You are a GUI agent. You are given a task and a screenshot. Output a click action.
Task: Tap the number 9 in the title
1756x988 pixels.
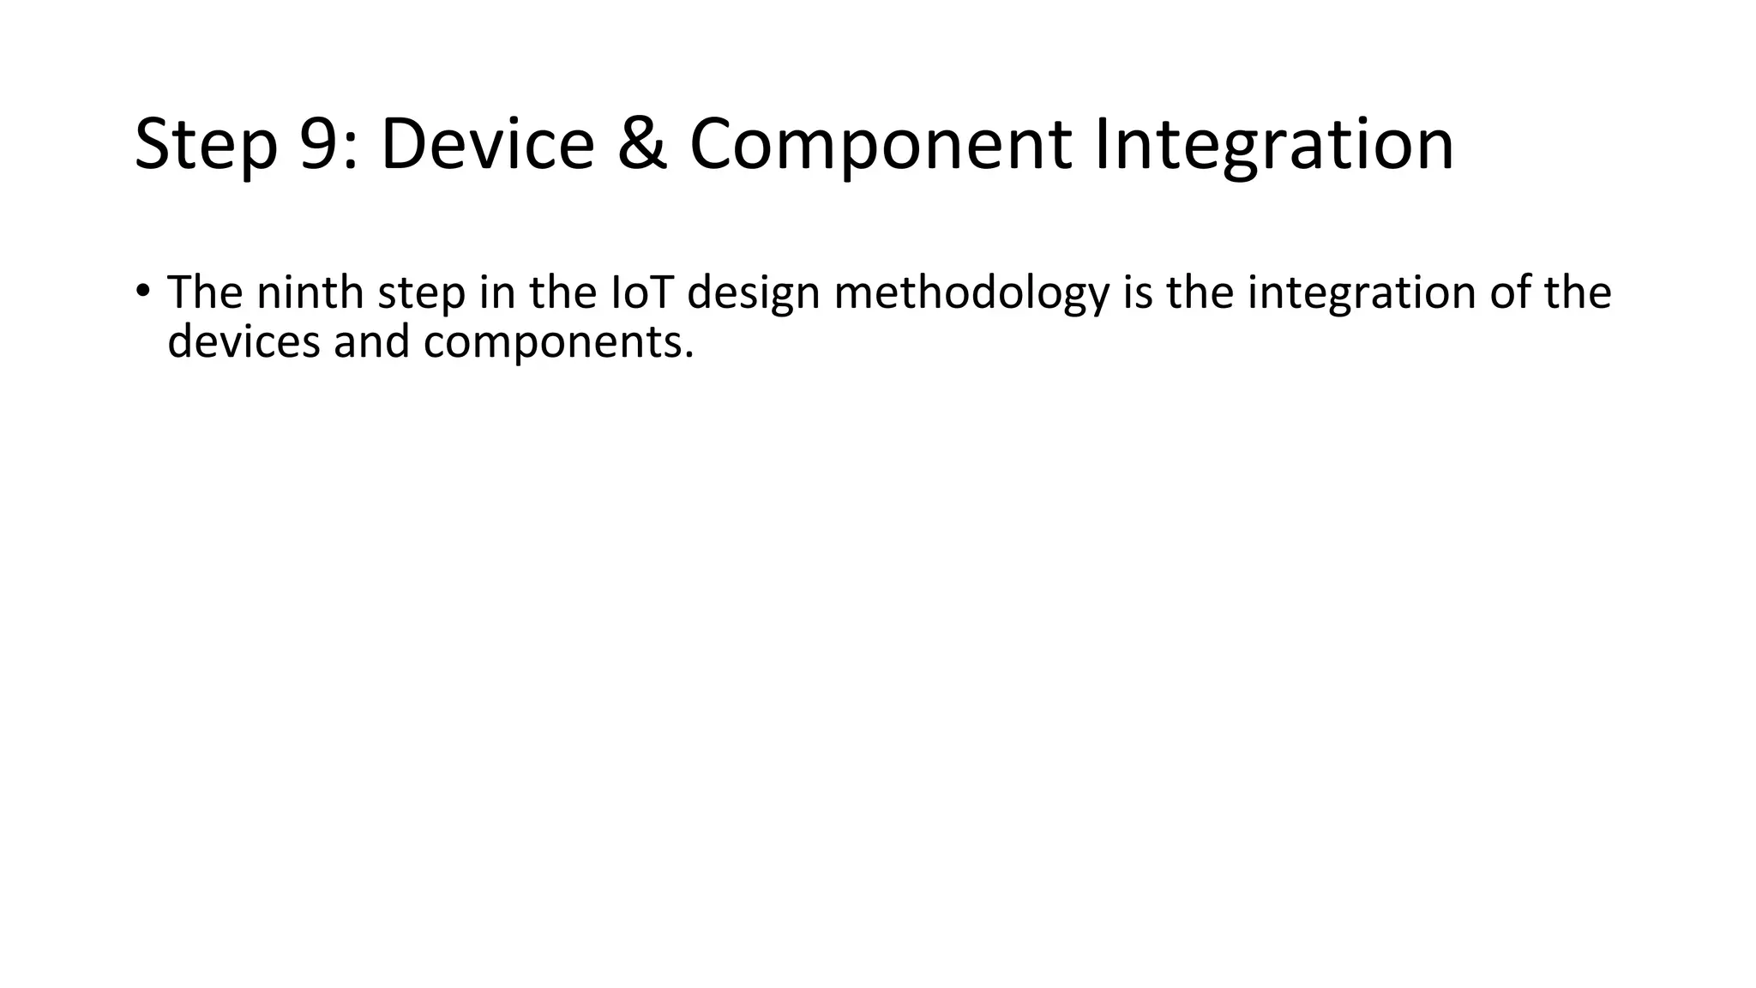click(x=319, y=144)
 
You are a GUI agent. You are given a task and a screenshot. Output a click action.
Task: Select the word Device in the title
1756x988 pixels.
click(x=487, y=144)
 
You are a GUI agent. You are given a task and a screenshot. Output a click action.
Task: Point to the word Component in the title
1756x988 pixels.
click(x=880, y=144)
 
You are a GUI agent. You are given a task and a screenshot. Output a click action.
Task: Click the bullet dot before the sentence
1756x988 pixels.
click(x=142, y=290)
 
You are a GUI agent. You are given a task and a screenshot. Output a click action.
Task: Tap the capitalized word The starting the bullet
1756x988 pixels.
click(x=205, y=292)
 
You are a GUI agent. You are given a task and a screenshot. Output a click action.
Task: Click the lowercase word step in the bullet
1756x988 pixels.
click(x=421, y=294)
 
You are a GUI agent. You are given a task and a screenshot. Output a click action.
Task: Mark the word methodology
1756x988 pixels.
click(x=971, y=294)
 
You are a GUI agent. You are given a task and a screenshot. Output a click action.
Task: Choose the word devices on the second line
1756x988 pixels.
click(x=244, y=341)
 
